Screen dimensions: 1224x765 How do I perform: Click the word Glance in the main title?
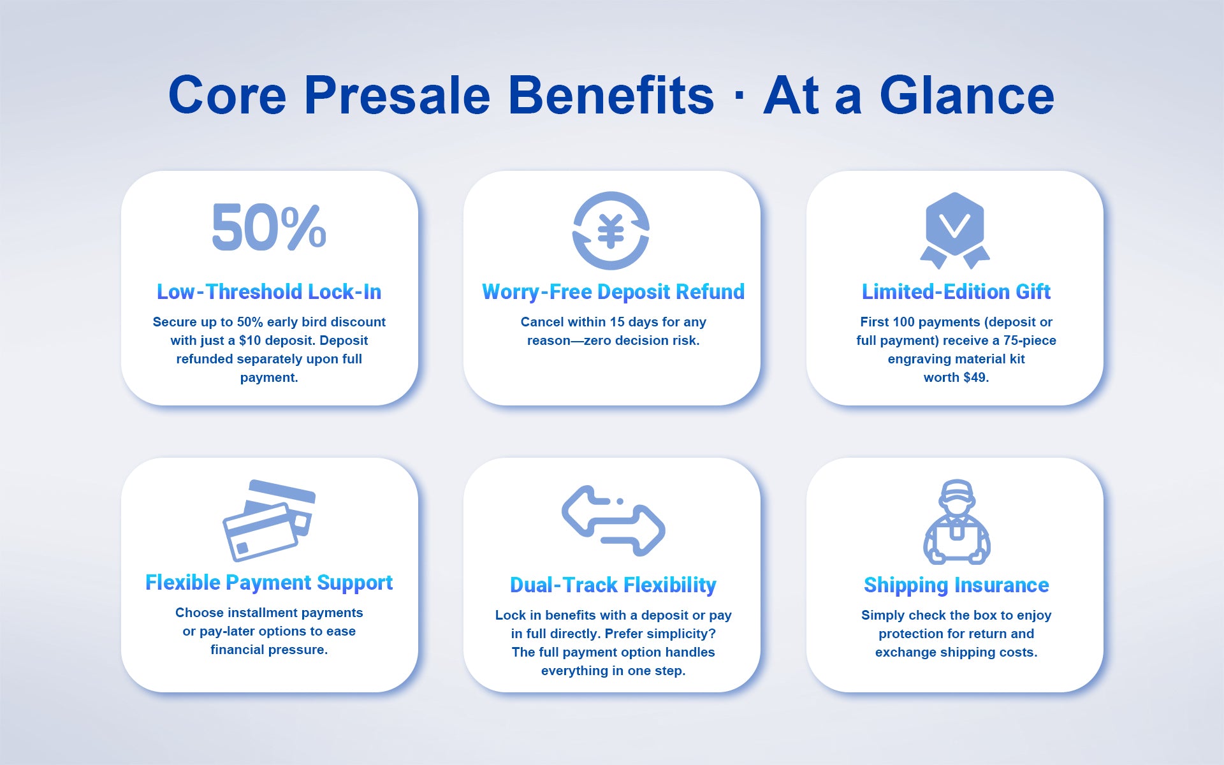(x=967, y=95)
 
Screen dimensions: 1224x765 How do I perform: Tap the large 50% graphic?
(x=269, y=228)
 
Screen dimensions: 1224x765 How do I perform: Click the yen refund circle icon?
(x=611, y=230)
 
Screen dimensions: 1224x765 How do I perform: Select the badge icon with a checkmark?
(x=955, y=230)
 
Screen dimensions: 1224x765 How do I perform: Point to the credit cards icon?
(x=269, y=520)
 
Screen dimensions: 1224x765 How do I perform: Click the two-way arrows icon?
(x=613, y=520)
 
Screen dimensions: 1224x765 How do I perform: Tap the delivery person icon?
(x=956, y=521)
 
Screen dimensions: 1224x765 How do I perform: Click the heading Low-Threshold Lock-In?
(x=269, y=292)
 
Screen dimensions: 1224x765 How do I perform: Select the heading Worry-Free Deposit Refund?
(x=613, y=292)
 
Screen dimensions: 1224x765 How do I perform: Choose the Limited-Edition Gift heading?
(x=956, y=292)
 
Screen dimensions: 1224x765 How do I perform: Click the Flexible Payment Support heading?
(x=269, y=583)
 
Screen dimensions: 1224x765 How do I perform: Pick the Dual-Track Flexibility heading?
(x=613, y=585)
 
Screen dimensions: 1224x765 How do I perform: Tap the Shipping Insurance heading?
(x=956, y=585)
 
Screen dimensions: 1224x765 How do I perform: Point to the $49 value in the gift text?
(x=976, y=377)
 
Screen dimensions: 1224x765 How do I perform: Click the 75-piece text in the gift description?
(x=1030, y=340)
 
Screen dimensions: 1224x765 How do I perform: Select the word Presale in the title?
(x=397, y=95)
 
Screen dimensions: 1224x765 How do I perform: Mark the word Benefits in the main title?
(x=611, y=95)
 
